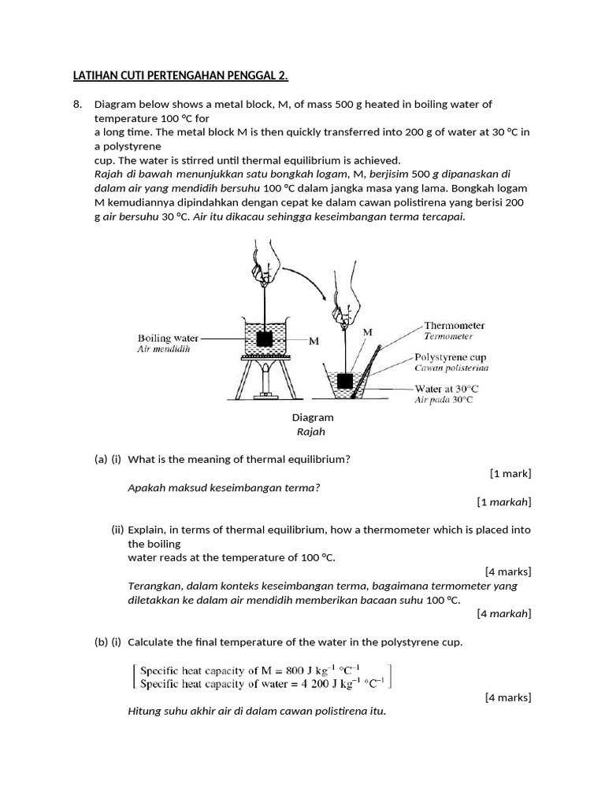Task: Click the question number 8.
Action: (x=77, y=104)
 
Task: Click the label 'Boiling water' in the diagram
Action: (x=169, y=338)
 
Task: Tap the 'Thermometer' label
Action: (x=455, y=325)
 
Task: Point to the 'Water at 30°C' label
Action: (x=447, y=389)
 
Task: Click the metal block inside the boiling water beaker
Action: (x=265, y=338)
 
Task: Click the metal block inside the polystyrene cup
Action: (x=345, y=382)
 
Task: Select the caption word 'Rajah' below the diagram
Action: (x=312, y=431)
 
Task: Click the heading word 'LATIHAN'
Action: (x=95, y=76)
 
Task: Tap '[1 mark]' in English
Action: (x=510, y=473)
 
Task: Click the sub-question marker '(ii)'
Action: (x=117, y=530)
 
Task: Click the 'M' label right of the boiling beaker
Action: (x=314, y=341)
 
